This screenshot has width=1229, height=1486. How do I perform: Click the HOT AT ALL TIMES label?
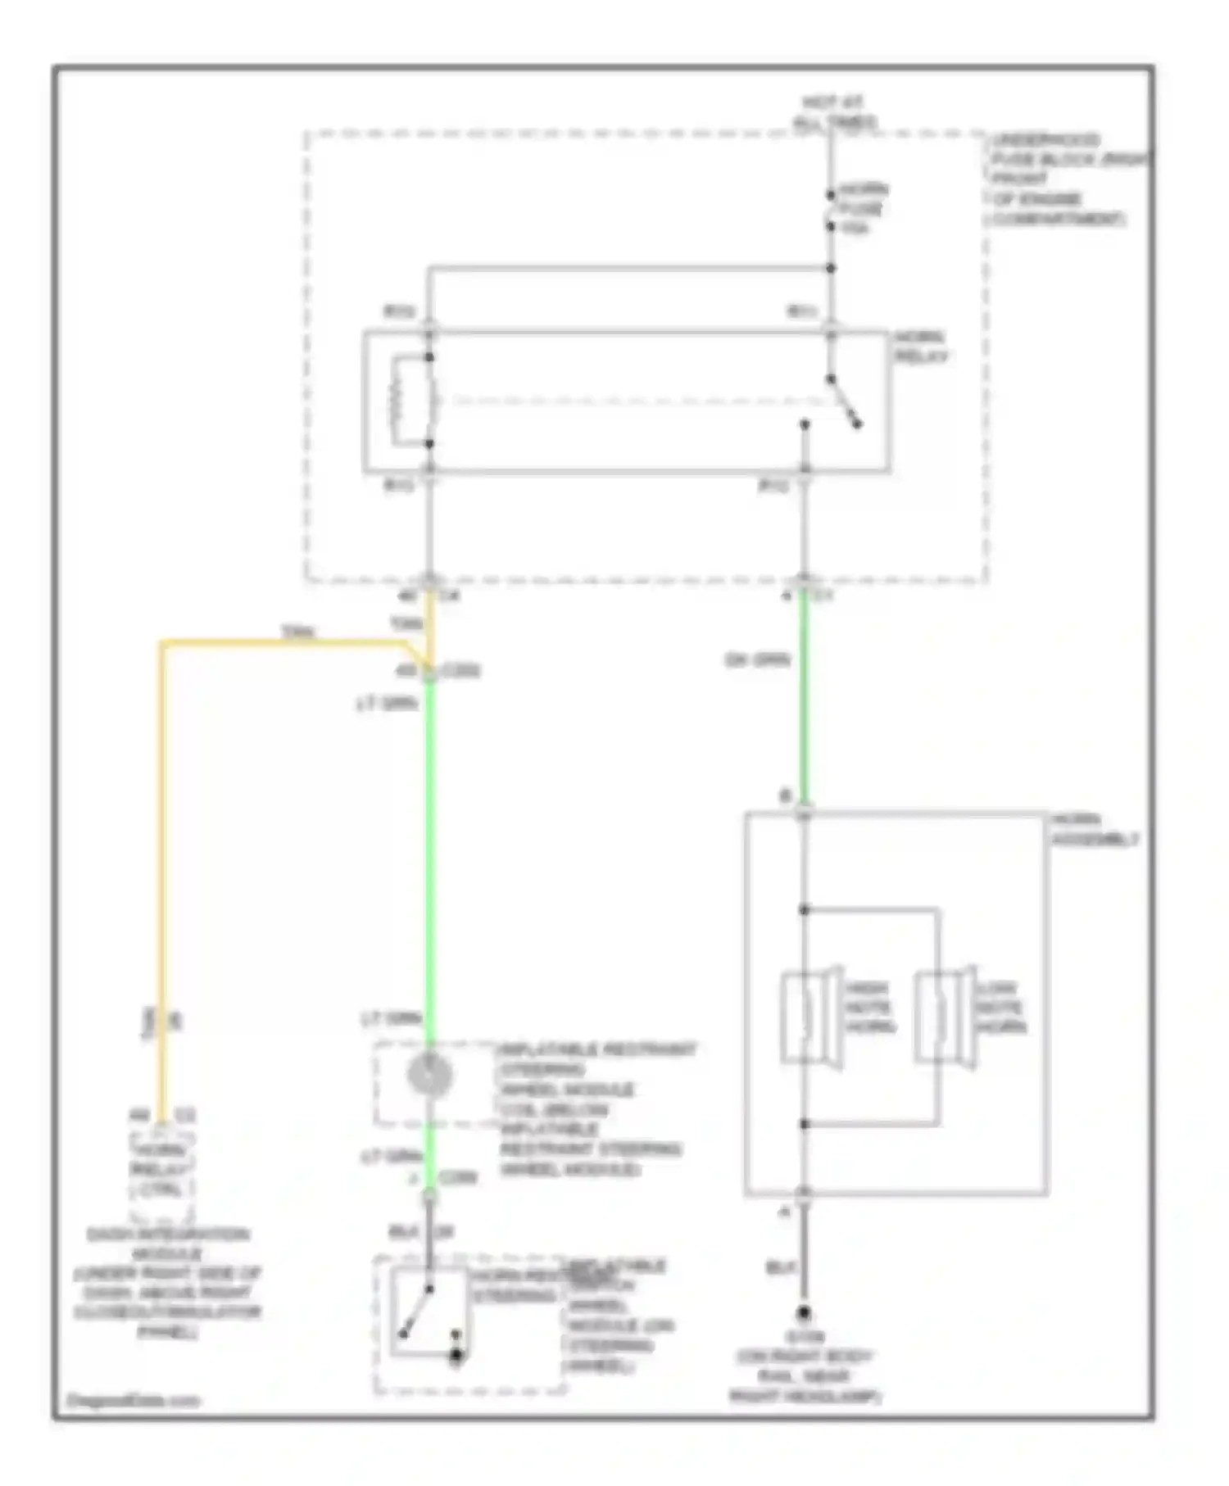832,112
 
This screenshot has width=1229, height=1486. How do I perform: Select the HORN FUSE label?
862,208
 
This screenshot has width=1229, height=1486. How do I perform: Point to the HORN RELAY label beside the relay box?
920,347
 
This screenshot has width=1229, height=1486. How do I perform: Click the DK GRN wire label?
757,659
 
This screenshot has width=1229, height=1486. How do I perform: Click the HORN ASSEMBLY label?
1094,829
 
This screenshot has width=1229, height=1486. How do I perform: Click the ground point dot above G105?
805,1312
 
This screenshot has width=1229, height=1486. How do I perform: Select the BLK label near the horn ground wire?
781,1266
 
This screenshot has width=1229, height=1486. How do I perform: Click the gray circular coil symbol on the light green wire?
429,1075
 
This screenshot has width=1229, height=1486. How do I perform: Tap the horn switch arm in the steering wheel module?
416,1311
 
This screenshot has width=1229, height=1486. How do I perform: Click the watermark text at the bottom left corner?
133,1400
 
